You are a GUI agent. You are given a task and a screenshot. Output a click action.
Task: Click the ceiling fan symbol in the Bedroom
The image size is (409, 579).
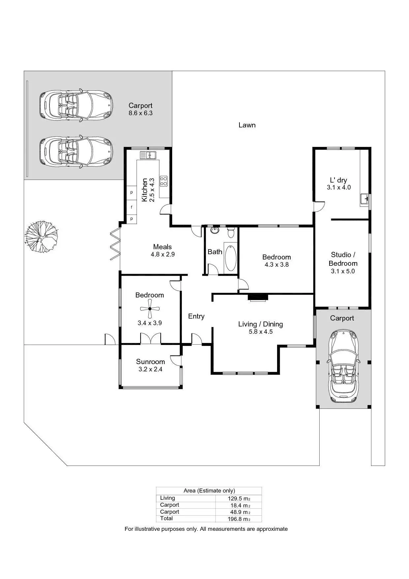point(150,309)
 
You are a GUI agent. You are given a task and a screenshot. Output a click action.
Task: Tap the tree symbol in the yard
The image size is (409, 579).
point(42,237)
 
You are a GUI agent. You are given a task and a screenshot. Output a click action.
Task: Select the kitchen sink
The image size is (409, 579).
point(148,155)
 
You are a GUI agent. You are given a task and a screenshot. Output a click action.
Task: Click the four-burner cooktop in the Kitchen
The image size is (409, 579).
point(164,181)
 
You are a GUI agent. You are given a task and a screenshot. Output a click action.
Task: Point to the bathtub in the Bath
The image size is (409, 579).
point(231,257)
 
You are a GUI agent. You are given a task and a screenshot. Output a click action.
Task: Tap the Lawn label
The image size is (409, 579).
point(247,125)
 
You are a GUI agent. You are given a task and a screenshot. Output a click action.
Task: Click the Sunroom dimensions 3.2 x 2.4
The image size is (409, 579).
point(150,369)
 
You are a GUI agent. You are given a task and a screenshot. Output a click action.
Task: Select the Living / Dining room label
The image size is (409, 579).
point(260,324)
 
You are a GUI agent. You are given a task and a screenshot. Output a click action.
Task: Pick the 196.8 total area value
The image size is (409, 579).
point(237,519)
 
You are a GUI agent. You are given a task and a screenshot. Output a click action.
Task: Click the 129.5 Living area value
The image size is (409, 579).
point(237,498)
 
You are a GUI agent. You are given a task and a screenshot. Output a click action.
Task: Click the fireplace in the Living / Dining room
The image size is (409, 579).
point(258,297)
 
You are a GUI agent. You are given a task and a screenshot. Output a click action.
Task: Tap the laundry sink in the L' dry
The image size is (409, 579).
point(364,199)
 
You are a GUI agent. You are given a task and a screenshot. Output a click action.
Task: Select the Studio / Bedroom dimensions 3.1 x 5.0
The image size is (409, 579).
point(343,271)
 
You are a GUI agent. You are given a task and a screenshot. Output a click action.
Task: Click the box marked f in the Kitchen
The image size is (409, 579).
point(132,207)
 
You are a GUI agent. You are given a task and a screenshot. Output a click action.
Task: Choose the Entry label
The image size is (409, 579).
point(196,316)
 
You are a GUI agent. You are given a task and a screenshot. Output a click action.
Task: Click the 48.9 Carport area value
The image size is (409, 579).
point(238,512)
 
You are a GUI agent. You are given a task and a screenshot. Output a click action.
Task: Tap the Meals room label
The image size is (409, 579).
point(162,247)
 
